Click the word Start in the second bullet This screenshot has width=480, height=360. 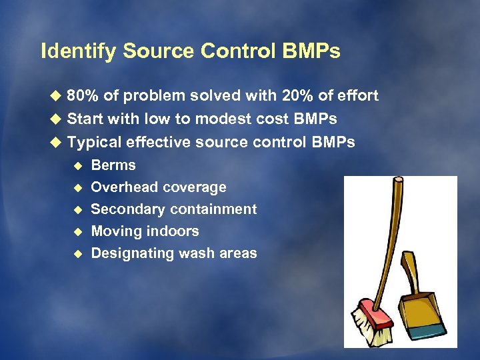pyautogui.click(x=85, y=119)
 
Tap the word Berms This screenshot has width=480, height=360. pyautogui.click(x=113, y=165)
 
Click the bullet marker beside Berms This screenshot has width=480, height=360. pyautogui.click(x=78, y=166)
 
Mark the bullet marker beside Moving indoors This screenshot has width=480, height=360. pyautogui.click(x=78, y=232)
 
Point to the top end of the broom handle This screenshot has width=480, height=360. pyautogui.click(x=398, y=180)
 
